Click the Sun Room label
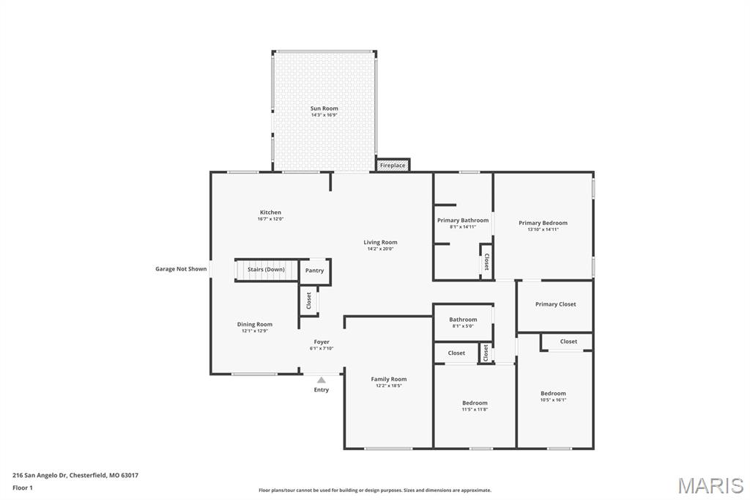(324, 109)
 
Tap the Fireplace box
(393, 165)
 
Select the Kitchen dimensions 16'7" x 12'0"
(271, 219)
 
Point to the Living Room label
(380, 243)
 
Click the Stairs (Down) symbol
(267, 270)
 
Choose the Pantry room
(315, 271)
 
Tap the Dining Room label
(254, 324)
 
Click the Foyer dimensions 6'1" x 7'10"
(322, 348)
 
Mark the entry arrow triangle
(322, 380)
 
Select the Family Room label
(389, 379)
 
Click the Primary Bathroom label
(463, 220)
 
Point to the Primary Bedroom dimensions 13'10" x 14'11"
(543, 229)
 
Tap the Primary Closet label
(556, 304)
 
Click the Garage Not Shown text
(181, 269)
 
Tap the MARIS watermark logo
(710, 485)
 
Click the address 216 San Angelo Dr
(40, 476)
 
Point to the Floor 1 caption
(23, 488)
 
